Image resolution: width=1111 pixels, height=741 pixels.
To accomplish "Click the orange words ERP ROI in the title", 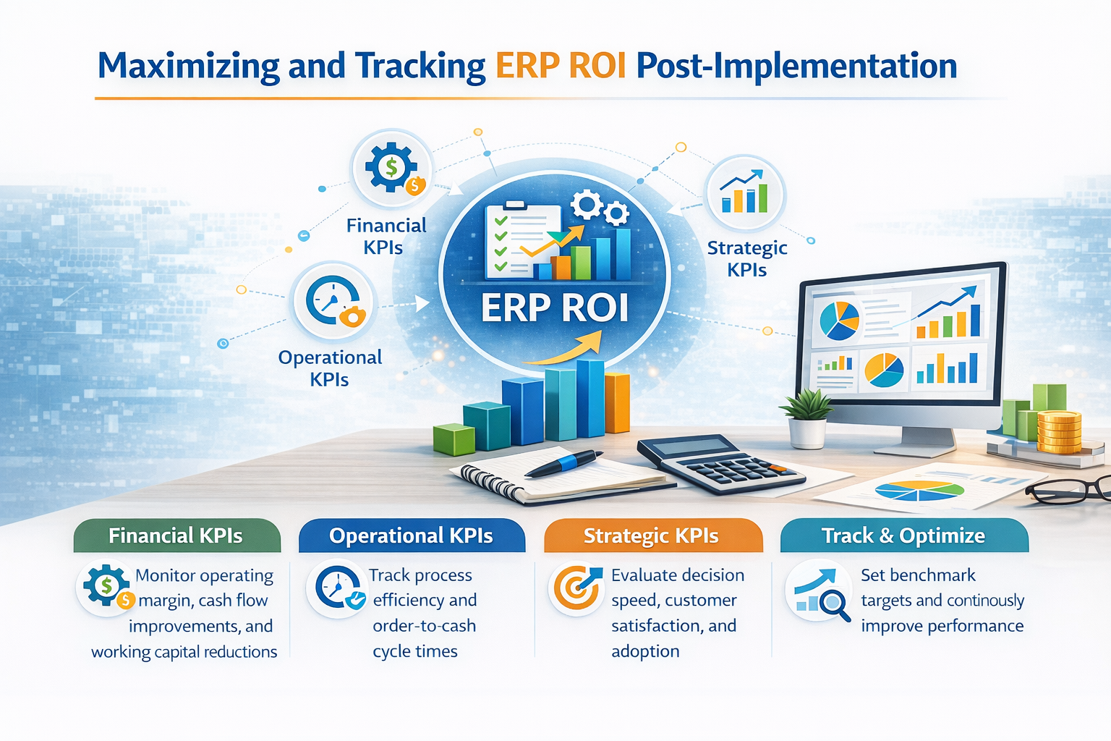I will (x=561, y=66).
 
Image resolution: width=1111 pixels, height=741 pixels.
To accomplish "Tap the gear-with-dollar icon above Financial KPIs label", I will (x=392, y=168).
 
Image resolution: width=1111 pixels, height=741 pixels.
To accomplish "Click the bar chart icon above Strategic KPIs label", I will (x=744, y=193).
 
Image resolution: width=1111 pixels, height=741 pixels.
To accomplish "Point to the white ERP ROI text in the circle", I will (x=555, y=308).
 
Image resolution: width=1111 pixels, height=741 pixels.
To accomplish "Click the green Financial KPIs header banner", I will (x=176, y=535).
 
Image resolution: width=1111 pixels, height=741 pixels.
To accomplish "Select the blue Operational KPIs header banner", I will (x=411, y=535).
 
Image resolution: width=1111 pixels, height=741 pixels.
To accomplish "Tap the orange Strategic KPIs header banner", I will (x=652, y=535).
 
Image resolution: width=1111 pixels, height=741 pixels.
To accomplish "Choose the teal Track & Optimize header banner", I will (x=903, y=535).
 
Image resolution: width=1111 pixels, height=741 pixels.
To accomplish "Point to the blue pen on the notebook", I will (x=563, y=463).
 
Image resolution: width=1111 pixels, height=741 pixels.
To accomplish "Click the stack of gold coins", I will (x=1059, y=431).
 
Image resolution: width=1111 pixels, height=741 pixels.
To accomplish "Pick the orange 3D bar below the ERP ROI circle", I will (x=617, y=403).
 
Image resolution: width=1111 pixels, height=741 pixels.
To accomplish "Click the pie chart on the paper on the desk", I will (x=919, y=491).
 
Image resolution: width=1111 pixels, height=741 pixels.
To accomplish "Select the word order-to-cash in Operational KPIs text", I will (x=424, y=626).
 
